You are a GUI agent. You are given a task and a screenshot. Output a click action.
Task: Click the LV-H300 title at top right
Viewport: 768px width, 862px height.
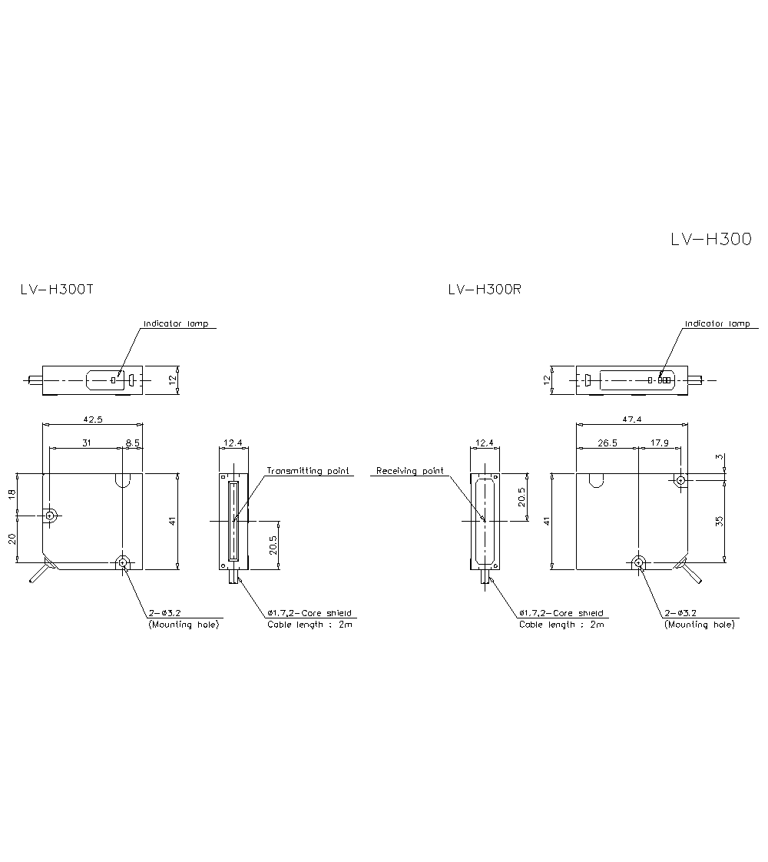coord(710,239)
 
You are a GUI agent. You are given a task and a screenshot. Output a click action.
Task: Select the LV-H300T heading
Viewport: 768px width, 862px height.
coord(57,290)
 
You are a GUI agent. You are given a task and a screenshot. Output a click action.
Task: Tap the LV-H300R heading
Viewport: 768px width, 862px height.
coord(485,290)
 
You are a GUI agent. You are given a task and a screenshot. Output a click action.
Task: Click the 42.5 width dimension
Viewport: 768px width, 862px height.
coord(92,419)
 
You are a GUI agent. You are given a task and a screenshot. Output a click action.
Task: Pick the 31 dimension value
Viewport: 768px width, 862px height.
coord(84,443)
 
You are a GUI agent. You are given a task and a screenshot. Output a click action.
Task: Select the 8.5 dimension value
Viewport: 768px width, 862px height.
coord(132,443)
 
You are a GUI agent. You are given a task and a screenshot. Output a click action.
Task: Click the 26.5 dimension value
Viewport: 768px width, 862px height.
coord(607,443)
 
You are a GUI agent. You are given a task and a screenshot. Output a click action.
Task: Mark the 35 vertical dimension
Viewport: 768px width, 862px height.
coord(720,521)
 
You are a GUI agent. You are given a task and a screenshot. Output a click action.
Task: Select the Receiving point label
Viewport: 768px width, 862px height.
coord(409,470)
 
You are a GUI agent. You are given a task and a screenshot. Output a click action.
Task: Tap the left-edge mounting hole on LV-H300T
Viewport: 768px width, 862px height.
coord(50,516)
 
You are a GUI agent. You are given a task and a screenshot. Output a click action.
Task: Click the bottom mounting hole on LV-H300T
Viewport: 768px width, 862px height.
coord(123,563)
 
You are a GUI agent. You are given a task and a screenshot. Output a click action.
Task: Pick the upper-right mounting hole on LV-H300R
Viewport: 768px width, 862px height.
coord(680,480)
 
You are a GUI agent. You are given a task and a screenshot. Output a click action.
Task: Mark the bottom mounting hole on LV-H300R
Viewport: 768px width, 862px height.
coord(638,563)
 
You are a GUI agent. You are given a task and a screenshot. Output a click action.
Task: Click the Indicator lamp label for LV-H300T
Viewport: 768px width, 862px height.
coord(176,323)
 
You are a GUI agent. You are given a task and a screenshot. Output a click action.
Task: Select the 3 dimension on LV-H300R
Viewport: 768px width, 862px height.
coord(720,458)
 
